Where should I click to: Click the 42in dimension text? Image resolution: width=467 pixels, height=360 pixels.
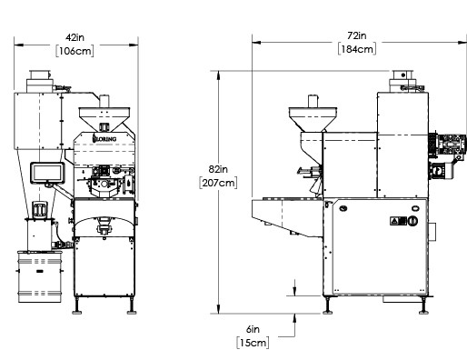point(75,37)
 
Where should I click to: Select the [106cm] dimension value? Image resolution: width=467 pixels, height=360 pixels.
point(75,51)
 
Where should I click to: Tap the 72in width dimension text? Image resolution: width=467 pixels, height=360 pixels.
point(357,35)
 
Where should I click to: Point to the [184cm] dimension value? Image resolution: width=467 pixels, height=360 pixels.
point(357,49)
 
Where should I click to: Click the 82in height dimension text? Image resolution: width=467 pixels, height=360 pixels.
point(218,169)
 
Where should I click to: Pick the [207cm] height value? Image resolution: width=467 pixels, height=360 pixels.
point(218,183)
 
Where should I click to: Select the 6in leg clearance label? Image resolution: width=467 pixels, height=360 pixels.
point(253,329)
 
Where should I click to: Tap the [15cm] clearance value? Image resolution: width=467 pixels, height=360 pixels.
point(253,343)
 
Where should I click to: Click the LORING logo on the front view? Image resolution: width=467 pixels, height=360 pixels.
point(104,139)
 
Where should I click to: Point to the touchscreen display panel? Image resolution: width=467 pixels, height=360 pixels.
point(47,173)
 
